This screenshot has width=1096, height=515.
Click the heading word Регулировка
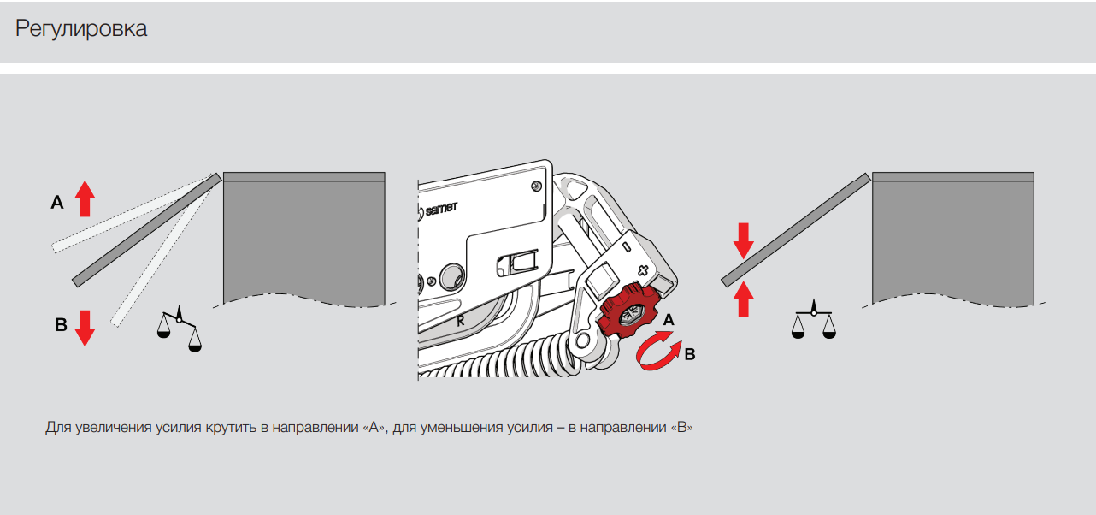point(81,29)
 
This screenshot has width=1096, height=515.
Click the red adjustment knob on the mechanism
point(628,311)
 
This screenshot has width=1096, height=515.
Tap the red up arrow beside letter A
point(85,198)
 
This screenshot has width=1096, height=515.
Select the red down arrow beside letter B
point(85,328)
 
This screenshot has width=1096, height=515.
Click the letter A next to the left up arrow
point(57,202)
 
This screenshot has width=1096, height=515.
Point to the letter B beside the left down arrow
point(61,324)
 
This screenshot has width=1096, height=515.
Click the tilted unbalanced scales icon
point(179,329)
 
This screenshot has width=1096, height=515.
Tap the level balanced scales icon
point(813,319)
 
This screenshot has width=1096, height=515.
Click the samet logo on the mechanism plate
point(438,210)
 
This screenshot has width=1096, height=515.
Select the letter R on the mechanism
point(460,321)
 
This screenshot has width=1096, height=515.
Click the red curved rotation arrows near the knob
point(659,351)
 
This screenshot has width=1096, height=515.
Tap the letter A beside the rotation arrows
point(669,320)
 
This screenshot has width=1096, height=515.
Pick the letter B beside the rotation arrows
point(690,354)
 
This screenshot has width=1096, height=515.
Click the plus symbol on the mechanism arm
point(643,270)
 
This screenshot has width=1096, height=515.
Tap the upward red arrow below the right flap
point(743,299)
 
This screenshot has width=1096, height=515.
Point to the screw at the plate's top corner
point(536,186)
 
